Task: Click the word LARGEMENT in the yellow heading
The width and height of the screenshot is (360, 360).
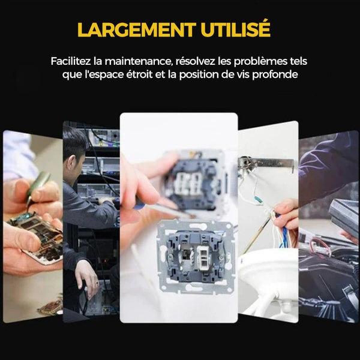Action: click(x=137, y=30)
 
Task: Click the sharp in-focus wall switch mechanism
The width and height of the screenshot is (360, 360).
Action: click(x=196, y=256)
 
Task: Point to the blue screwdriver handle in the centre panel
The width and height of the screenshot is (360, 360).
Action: click(x=139, y=205)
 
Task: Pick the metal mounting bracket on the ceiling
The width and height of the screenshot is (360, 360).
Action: click(x=266, y=163)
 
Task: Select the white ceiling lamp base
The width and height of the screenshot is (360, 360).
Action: click(x=268, y=283)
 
